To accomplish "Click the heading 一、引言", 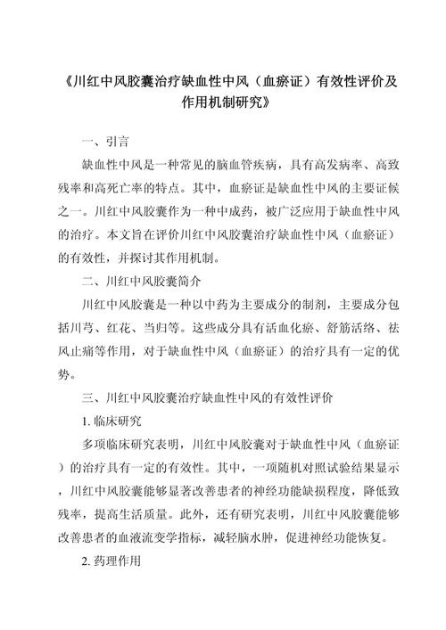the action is pyautogui.click(x=105, y=141).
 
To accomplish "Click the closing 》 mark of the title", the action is pyautogui.click(x=264, y=104).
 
